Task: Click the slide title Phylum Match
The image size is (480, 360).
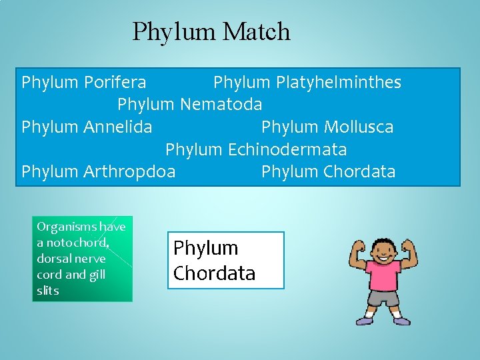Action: [x=211, y=31]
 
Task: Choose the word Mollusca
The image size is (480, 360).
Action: [x=359, y=127]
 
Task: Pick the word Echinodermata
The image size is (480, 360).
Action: [x=287, y=149]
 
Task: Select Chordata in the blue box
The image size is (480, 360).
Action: [x=359, y=172]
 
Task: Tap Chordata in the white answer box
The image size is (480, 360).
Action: [x=214, y=273]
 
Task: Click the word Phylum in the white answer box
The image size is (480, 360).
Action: [x=205, y=248]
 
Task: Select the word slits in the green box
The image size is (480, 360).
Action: [x=48, y=291]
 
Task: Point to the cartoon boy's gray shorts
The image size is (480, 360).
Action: [x=383, y=298]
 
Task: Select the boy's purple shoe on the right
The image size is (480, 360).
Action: [x=401, y=321]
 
